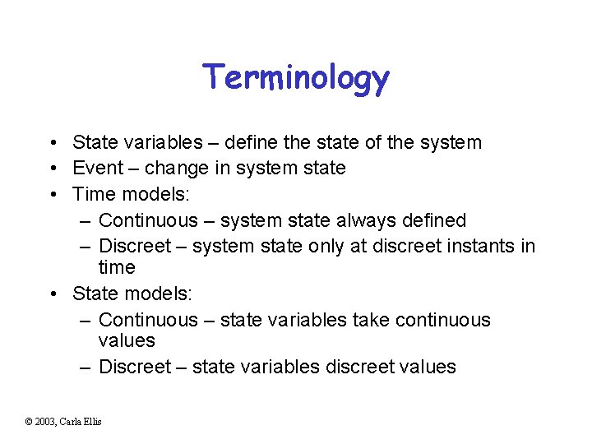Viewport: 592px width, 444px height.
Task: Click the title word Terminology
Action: [x=296, y=78]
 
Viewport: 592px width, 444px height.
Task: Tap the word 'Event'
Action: [x=97, y=169]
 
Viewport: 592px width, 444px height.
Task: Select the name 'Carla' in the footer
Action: [x=75, y=422]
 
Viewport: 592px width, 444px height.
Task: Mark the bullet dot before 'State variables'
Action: [x=52, y=143]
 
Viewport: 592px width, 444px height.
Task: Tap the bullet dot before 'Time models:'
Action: [x=52, y=195]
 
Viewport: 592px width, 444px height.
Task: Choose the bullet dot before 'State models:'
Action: [x=52, y=294]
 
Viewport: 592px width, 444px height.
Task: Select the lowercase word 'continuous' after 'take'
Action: [x=445, y=320]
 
